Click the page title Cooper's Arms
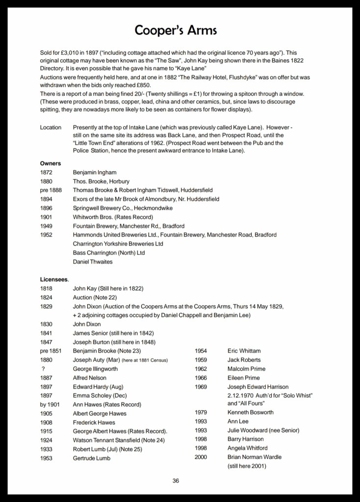(x=176, y=31)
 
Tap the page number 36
(x=176, y=480)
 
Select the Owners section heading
(x=51, y=163)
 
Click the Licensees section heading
(x=54, y=279)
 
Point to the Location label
(x=51, y=128)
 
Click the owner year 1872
(x=47, y=173)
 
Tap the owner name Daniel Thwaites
(x=93, y=262)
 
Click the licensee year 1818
(x=47, y=289)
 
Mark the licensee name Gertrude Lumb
(x=92, y=458)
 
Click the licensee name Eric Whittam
(x=244, y=351)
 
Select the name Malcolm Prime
(x=246, y=369)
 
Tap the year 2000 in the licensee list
(x=201, y=457)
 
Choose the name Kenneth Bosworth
(x=251, y=412)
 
